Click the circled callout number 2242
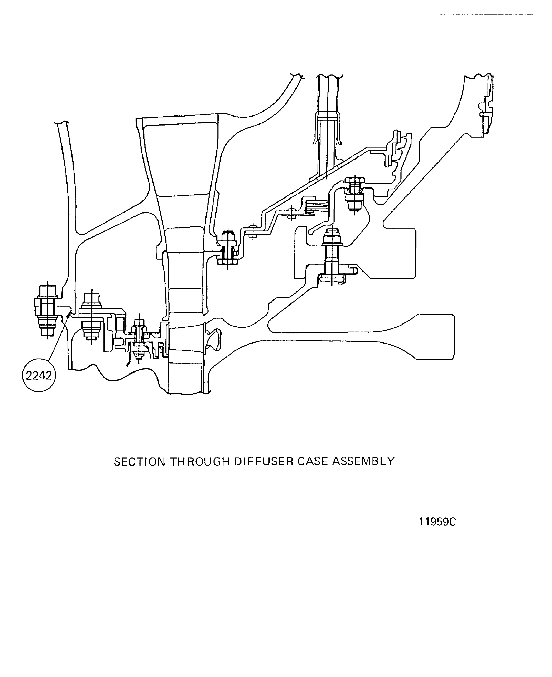click(x=39, y=376)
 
